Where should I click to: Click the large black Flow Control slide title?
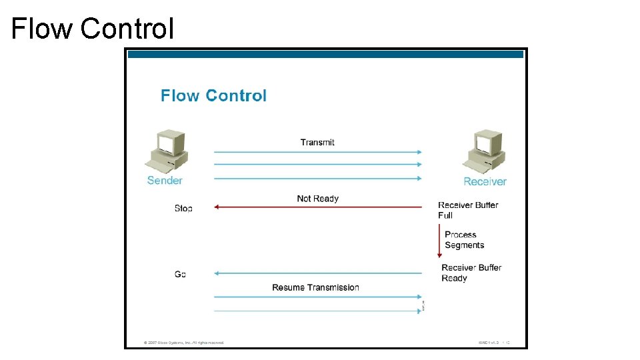pyautogui.click(x=93, y=29)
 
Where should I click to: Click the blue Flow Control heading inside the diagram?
pyautogui.click(x=213, y=95)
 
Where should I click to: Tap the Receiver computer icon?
pyautogui.click(x=483, y=152)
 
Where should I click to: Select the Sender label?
pyautogui.click(x=165, y=180)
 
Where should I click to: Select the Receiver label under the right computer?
pyautogui.click(x=485, y=181)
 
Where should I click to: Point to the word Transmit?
pyautogui.click(x=317, y=142)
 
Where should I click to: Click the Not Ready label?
pyautogui.click(x=317, y=198)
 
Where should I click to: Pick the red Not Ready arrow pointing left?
pyautogui.click(x=317, y=207)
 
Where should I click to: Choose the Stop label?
pyautogui.click(x=183, y=209)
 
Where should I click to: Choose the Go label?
pyautogui.click(x=180, y=274)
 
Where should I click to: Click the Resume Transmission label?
pyautogui.click(x=315, y=287)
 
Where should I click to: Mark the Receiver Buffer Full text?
pyautogui.click(x=468, y=210)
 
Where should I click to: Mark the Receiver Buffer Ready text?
pyautogui.click(x=471, y=273)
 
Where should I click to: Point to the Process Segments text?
pyautogui.click(x=464, y=239)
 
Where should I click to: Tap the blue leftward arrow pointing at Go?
pyautogui.click(x=317, y=273)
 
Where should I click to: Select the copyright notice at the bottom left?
pyautogui.click(x=184, y=343)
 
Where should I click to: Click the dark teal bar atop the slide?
pyautogui.click(x=325, y=54)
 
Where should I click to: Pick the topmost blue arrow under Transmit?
pyautogui.click(x=317, y=152)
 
